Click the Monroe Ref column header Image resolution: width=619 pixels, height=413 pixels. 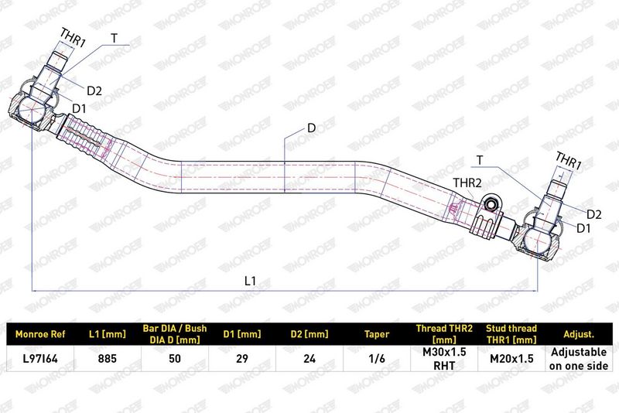40,334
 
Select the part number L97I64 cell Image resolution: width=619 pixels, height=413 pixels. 40,358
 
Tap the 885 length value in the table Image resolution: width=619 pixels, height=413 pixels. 108,358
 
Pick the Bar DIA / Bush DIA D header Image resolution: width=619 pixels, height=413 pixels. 175,333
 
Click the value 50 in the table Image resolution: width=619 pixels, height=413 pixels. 175,358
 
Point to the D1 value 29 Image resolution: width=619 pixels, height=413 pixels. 242,358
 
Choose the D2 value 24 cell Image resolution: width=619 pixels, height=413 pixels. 309,358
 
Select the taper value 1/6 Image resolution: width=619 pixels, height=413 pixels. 377,358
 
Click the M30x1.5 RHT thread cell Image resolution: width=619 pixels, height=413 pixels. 444,358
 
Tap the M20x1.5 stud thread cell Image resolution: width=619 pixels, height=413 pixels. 511,358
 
